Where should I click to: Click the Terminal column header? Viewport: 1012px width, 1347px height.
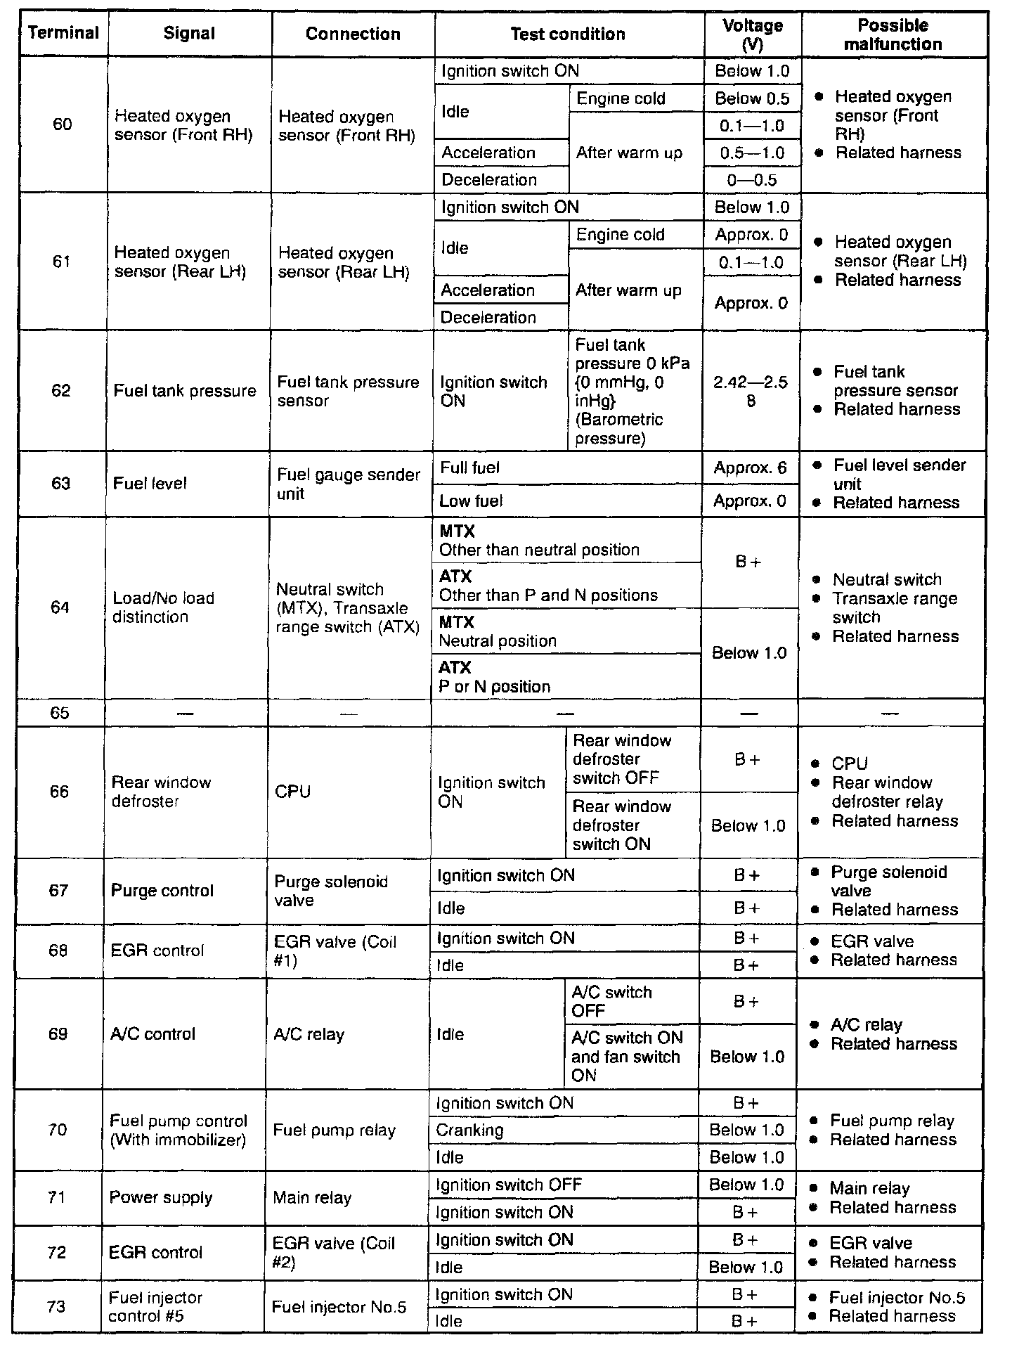click(x=63, y=34)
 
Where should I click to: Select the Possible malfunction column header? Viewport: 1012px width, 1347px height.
click(x=893, y=34)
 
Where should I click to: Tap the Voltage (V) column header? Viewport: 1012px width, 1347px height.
click(x=752, y=34)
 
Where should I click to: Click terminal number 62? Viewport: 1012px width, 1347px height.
click(x=61, y=391)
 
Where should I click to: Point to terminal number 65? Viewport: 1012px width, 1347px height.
click(x=60, y=713)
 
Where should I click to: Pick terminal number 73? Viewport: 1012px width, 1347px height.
click(x=56, y=1306)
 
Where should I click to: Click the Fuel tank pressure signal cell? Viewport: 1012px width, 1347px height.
click(x=185, y=391)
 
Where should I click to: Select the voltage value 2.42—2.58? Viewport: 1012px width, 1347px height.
click(x=751, y=392)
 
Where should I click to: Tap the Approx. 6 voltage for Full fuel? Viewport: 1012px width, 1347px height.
click(x=750, y=468)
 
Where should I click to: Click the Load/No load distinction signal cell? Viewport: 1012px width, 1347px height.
click(x=164, y=607)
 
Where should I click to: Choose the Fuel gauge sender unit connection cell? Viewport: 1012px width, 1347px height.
click(x=348, y=484)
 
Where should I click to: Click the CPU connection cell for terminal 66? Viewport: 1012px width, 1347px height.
click(x=293, y=792)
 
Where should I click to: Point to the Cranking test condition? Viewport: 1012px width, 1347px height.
click(x=469, y=1130)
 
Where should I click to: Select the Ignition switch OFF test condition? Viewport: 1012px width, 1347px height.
click(x=509, y=1185)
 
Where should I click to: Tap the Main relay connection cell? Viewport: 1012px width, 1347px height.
click(x=312, y=1197)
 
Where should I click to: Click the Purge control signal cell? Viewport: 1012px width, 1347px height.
click(x=162, y=891)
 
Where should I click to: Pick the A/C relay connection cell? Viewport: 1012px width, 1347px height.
click(x=309, y=1034)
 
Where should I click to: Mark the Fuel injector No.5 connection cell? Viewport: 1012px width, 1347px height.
click(x=339, y=1307)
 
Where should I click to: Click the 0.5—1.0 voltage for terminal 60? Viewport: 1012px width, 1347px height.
click(x=752, y=153)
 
